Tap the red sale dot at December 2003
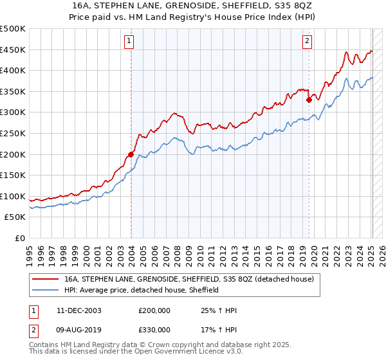click(131, 154)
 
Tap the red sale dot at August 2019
click(309, 100)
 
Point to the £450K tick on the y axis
click(13, 50)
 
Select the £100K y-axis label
click(13, 196)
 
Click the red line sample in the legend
click(45, 280)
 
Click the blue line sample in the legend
click(45, 290)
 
